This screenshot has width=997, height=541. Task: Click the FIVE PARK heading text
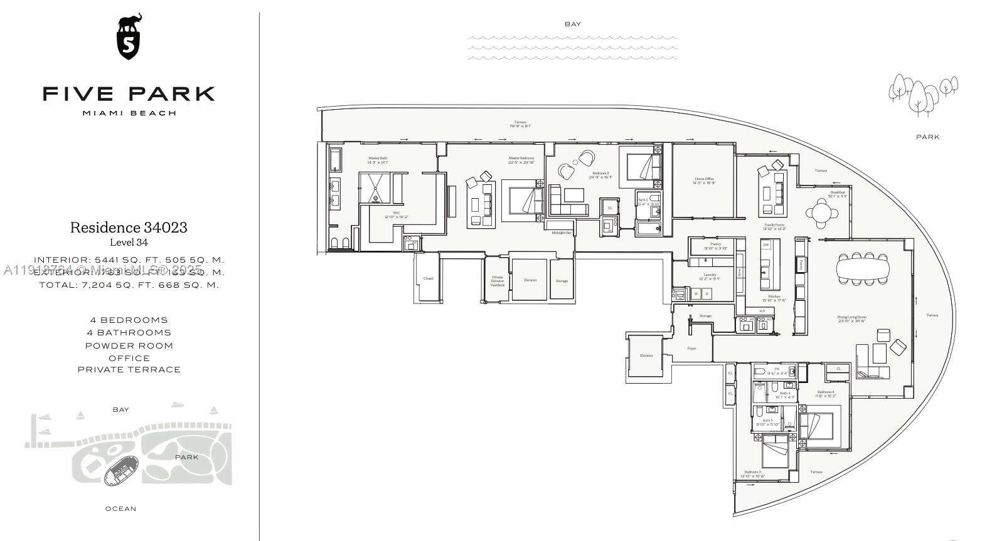[x=129, y=94]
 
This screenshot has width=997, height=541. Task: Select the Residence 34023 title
[x=129, y=228]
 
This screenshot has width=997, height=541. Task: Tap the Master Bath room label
[x=378, y=160]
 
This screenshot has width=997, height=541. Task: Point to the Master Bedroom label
[x=521, y=160]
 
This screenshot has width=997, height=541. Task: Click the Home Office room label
[x=704, y=181]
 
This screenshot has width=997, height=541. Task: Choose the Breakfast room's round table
[x=822, y=212]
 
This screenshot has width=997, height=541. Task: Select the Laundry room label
[x=710, y=276]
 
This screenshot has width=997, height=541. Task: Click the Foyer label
[x=691, y=349]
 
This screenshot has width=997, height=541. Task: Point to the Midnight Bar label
[x=562, y=233]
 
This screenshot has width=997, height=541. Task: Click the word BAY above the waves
[x=573, y=24]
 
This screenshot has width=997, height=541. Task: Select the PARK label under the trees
[x=927, y=137]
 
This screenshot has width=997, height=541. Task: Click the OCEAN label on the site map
[x=120, y=509]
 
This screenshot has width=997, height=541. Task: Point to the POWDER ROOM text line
[x=129, y=345]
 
